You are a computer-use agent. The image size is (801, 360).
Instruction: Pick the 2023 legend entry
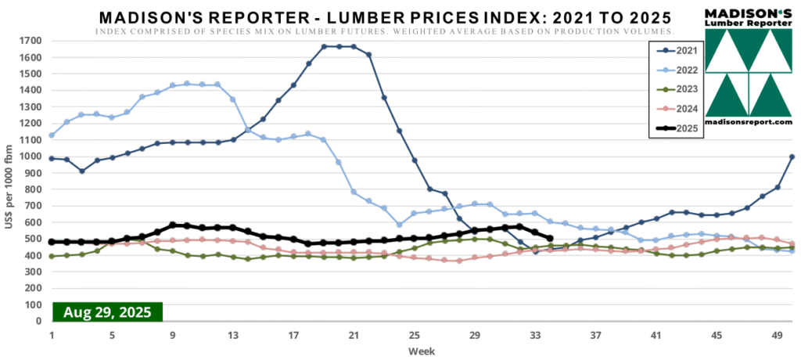(673, 88)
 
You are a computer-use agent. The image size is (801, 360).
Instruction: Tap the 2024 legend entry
(673, 108)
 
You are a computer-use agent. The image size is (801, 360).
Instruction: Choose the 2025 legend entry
(673, 128)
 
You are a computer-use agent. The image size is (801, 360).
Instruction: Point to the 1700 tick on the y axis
(31, 41)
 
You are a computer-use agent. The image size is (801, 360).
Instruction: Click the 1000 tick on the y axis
(31, 157)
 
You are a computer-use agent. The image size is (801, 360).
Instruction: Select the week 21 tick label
(353, 334)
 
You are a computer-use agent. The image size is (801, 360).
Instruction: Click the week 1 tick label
(52, 334)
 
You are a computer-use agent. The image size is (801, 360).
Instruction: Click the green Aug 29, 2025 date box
(107, 311)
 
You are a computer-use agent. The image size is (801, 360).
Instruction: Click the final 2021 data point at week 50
(792, 157)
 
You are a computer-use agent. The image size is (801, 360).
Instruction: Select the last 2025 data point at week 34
(550, 239)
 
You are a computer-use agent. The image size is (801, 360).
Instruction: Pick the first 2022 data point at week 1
(52, 135)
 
